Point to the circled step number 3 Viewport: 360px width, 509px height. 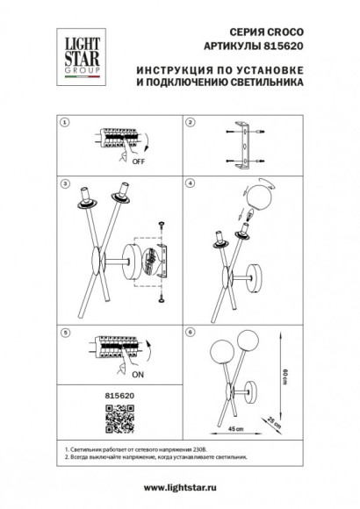coord(61,185)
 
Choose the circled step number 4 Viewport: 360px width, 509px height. coord(190,185)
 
